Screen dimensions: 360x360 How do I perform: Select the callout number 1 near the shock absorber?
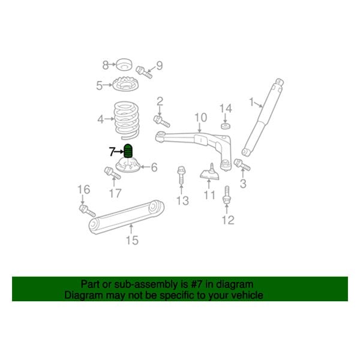(251, 101)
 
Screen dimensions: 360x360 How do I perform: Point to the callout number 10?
(200, 117)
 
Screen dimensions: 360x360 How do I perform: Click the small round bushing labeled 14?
(225, 125)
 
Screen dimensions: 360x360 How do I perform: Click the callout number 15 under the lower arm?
(131, 241)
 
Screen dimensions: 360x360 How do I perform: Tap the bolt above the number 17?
(111, 173)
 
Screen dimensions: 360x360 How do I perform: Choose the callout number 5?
(99, 86)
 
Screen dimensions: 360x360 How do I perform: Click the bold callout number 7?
(111, 151)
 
